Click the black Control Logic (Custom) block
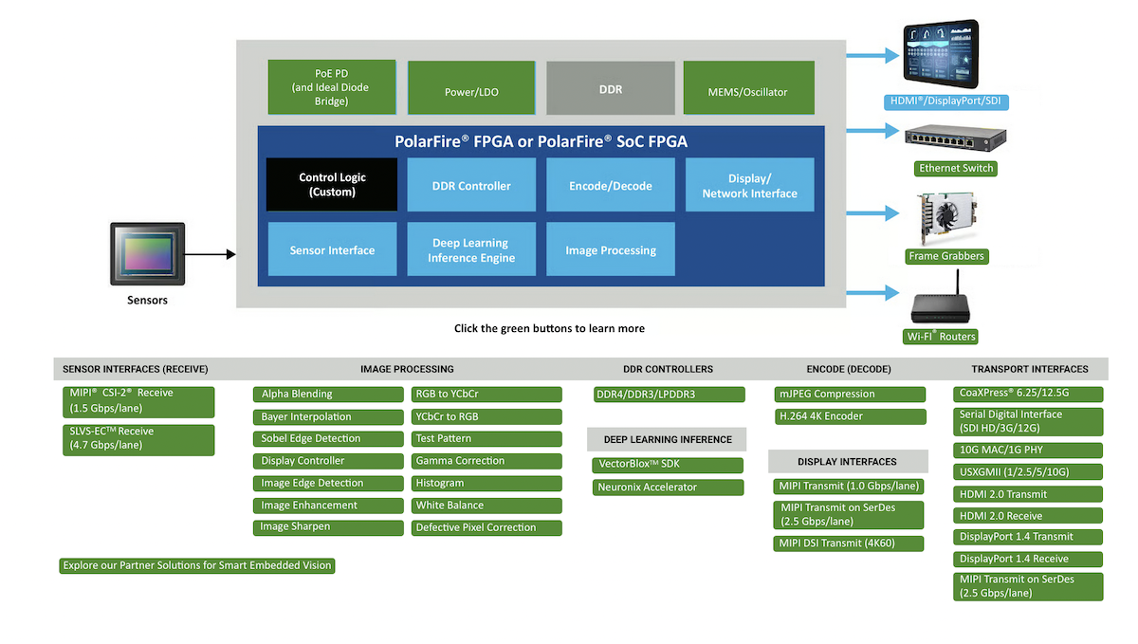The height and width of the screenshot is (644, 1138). click(332, 184)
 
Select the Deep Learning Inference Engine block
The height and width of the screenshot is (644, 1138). click(471, 249)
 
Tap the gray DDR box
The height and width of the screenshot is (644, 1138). click(611, 88)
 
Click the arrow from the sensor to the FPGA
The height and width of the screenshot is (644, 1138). click(209, 254)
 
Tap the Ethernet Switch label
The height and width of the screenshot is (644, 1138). click(956, 169)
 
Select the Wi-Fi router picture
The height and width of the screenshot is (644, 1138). click(942, 302)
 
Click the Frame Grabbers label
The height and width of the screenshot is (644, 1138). click(946, 256)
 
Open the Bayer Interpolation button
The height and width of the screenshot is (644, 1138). click(328, 416)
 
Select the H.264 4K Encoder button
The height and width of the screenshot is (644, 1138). click(850, 416)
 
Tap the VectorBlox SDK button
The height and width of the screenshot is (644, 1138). click(667, 465)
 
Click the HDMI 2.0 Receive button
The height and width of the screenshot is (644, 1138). click(1027, 516)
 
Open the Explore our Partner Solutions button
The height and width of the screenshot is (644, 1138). click(197, 565)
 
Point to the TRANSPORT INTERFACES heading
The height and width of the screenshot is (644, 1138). click(1029, 369)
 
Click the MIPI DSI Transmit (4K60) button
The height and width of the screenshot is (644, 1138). click(850, 543)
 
